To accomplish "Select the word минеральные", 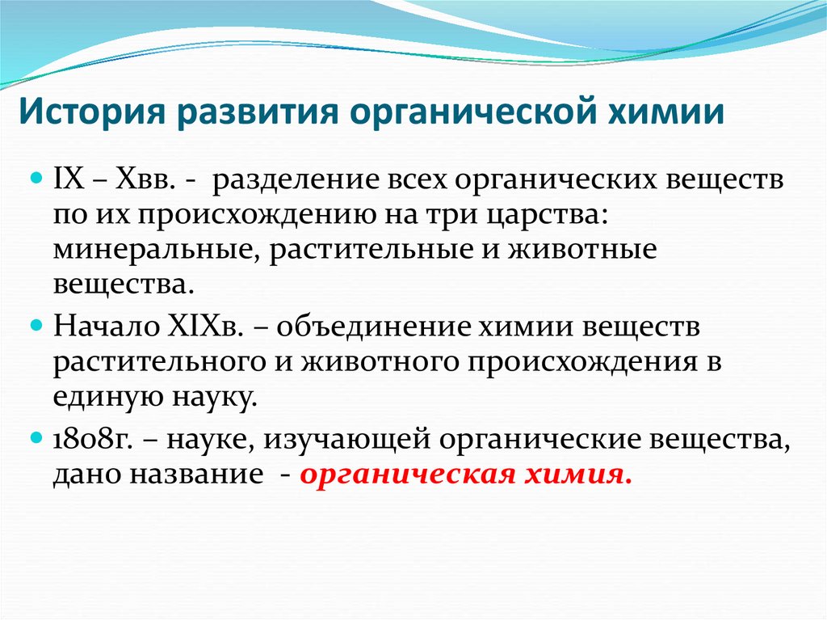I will coord(152,250).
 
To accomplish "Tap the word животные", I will coord(581,250).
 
